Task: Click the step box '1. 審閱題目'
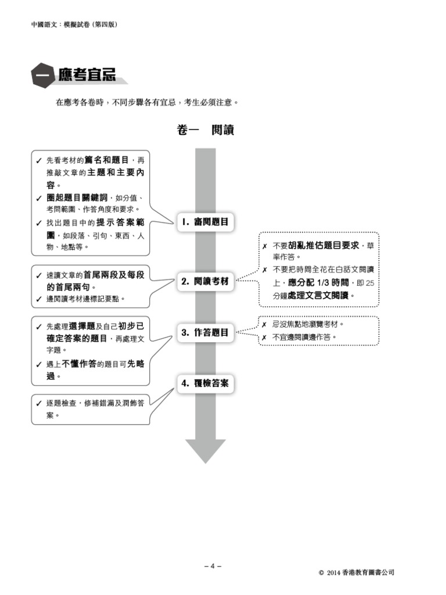[x=205, y=221]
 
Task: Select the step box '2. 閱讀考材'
[x=205, y=281]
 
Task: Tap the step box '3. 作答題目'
[x=205, y=333]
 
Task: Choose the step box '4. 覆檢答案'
[x=205, y=383]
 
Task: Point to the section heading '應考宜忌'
[x=87, y=75]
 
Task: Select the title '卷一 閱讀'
[x=205, y=131]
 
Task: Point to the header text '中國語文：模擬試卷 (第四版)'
[x=77, y=24]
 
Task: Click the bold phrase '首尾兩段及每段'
[x=114, y=274]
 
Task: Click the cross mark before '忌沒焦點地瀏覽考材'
[x=264, y=325]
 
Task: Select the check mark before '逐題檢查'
[x=38, y=403]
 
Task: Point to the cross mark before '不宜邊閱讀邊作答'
[x=264, y=338]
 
